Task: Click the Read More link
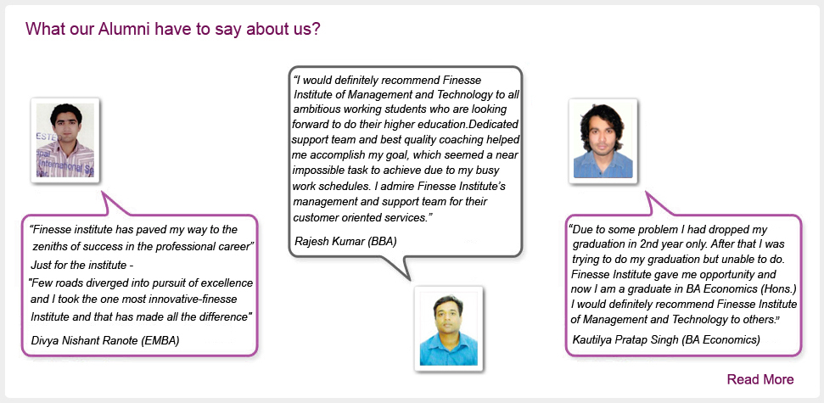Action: [760, 379]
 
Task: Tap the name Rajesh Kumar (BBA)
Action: [345, 241]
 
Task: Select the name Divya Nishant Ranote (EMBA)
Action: [105, 340]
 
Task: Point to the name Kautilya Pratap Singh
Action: [625, 340]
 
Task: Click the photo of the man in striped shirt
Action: [65, 140]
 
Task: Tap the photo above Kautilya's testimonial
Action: [603, 141]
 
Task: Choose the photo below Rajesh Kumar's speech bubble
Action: [448, 329]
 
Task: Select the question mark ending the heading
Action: [317, 28]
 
